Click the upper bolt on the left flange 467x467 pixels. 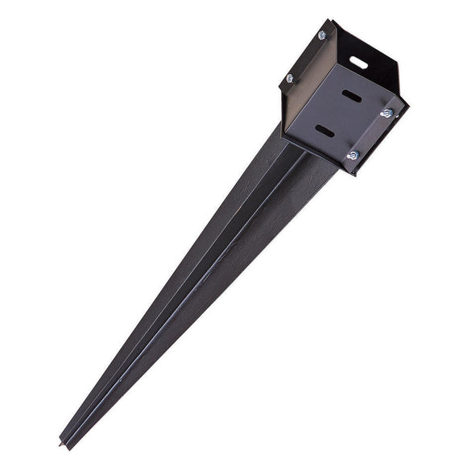(323, 35)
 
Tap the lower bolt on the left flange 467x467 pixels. (290, 78)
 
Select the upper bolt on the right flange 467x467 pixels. (386, 113)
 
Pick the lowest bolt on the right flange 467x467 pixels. (352, 155)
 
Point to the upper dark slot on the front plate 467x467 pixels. (351, 95)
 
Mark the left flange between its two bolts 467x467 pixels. (307, 56)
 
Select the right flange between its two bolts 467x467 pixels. (370, 134)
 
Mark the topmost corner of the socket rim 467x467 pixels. (333, 20)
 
